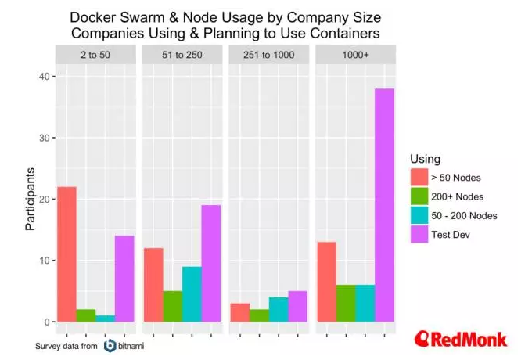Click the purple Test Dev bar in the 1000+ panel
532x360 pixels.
(383, 205)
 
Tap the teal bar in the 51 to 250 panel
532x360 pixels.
(192, 294)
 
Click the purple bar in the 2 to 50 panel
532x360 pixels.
(124, 279)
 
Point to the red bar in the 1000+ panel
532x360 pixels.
(326, 282)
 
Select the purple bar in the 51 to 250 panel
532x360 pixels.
(210, 263)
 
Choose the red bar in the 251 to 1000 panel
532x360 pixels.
(240, 312)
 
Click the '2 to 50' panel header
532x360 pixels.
(95, 55)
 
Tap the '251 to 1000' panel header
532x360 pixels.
(268, 55)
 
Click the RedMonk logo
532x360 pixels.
(461, 339)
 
